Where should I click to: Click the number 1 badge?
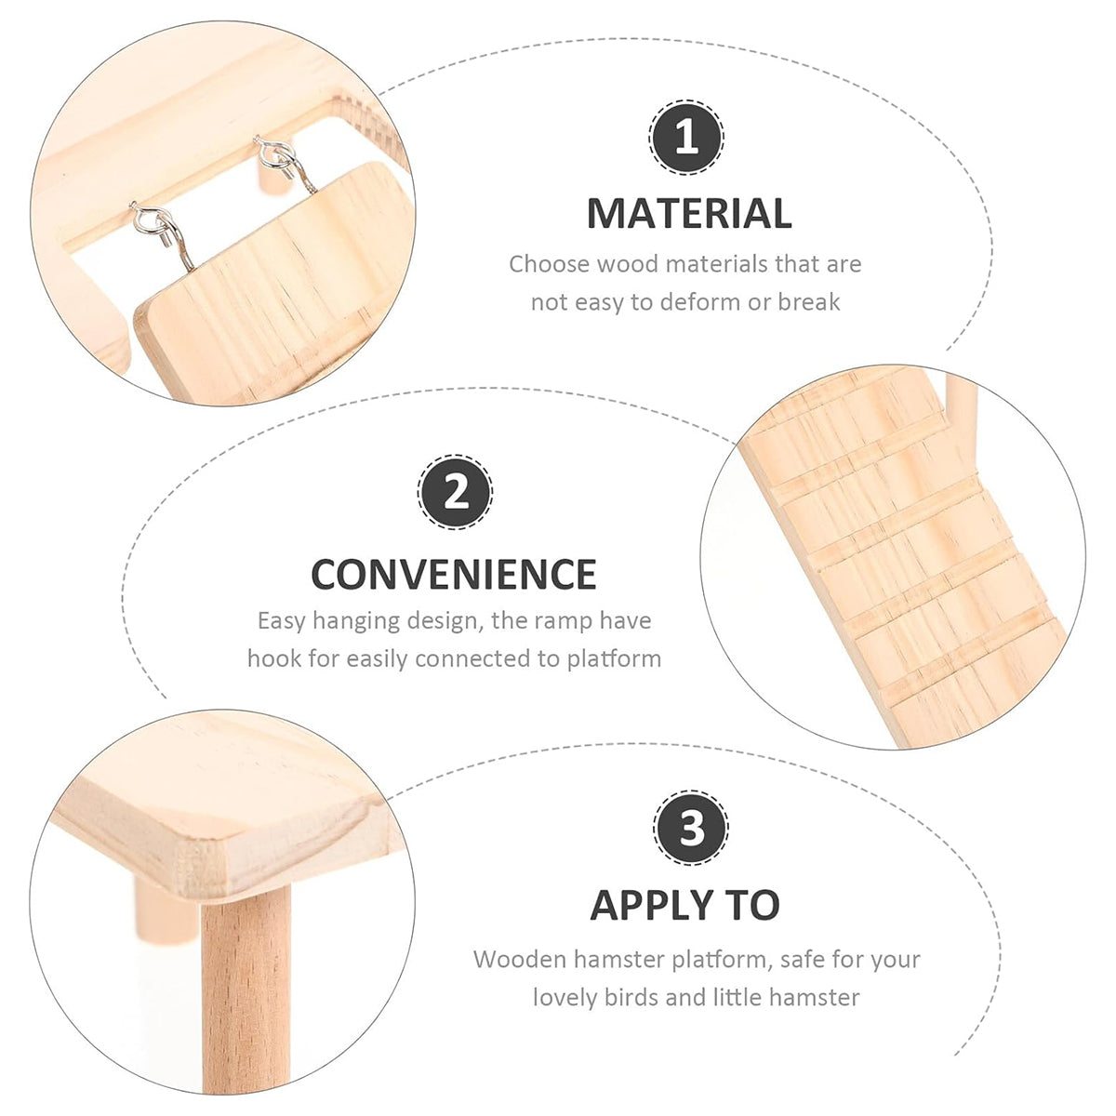click(x=686, y=139)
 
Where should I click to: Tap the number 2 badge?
click(x=456, y=493)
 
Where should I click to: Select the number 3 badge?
click(x=690, y=828)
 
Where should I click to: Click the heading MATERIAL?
click(x=688, y=214)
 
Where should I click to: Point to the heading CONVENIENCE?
click(x=453, y=575)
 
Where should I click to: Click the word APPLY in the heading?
click(x=648, y=905)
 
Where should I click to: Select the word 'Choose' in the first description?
click(x=549, y=264)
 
